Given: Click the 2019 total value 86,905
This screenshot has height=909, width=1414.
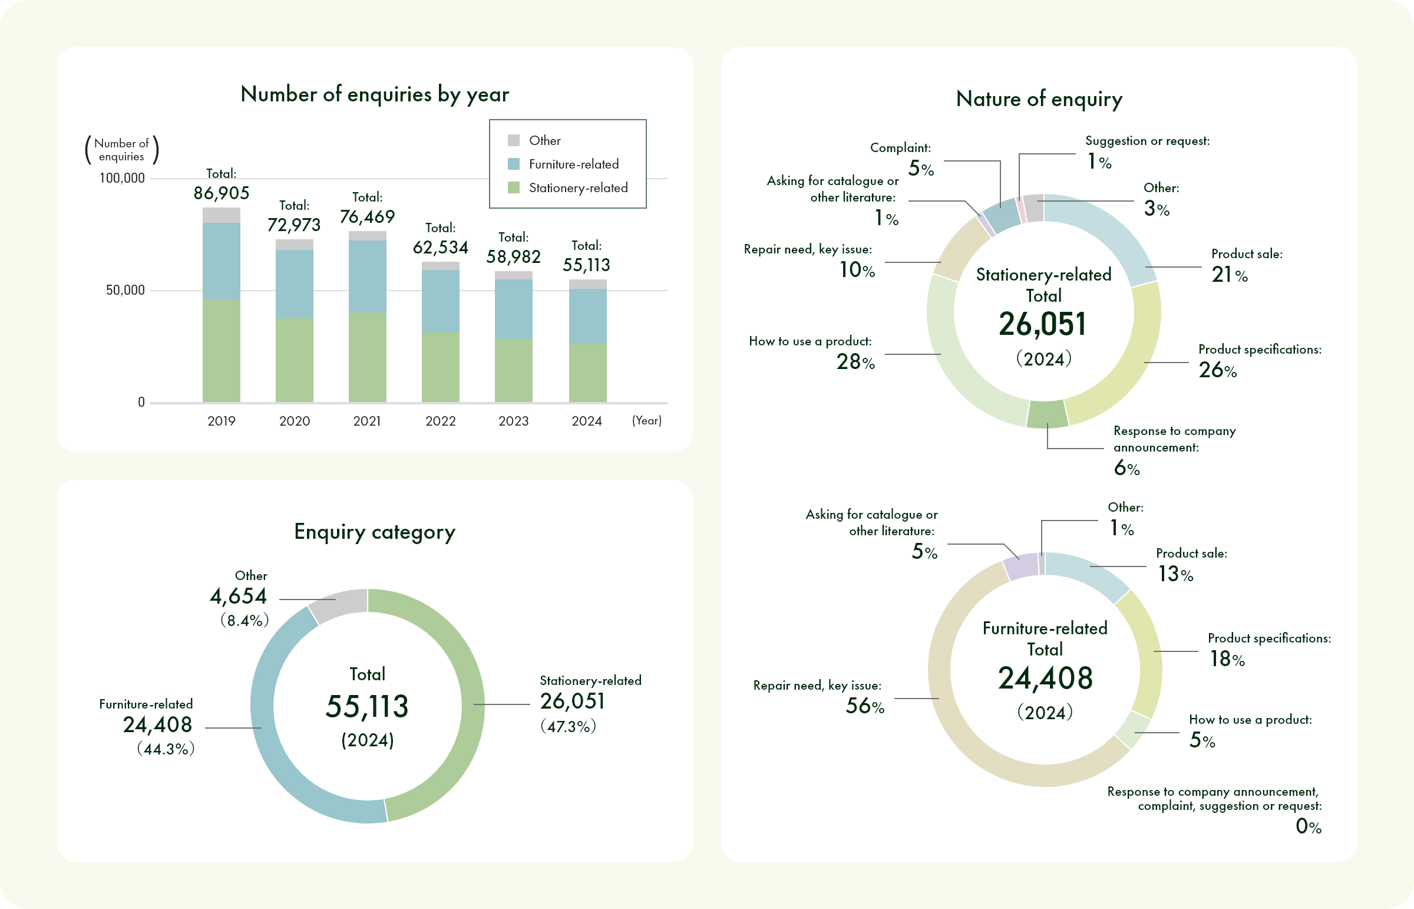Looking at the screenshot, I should pos(221,193).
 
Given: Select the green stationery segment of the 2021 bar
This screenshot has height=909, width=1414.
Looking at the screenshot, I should pos(367,357).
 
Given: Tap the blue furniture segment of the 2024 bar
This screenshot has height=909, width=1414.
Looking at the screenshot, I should pos(587,317).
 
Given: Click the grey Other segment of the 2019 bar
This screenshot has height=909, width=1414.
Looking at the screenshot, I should pos(221,215).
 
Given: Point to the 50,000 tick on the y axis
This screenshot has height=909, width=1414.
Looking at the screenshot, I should pos(125,291).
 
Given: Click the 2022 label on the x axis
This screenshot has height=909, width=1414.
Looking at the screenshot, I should pos(440,421).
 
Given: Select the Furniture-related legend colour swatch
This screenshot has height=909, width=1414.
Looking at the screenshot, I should pos(513,164).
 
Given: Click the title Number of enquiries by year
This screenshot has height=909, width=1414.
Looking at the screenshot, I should pos(375,94).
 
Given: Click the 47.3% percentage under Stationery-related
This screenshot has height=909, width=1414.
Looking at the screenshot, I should pos(568,727).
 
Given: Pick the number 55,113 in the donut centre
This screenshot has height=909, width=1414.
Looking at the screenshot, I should pos(366,707).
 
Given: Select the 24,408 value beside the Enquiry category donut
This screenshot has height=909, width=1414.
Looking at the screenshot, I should pos(157,725).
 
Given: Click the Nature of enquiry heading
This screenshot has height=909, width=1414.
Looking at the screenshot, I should pos(1039,98).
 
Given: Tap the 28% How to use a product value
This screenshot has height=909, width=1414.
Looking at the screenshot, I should pos(855,362).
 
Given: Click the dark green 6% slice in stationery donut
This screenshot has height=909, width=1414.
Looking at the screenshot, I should pos(1047,414).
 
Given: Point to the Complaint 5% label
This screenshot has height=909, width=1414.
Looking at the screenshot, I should pos(920,169).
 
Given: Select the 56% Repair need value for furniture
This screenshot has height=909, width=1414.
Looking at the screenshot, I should pos(865,706).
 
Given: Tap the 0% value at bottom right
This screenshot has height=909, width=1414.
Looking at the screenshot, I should pos(1308,826).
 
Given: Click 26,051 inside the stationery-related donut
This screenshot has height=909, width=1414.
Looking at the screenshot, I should pos(1042,324).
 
